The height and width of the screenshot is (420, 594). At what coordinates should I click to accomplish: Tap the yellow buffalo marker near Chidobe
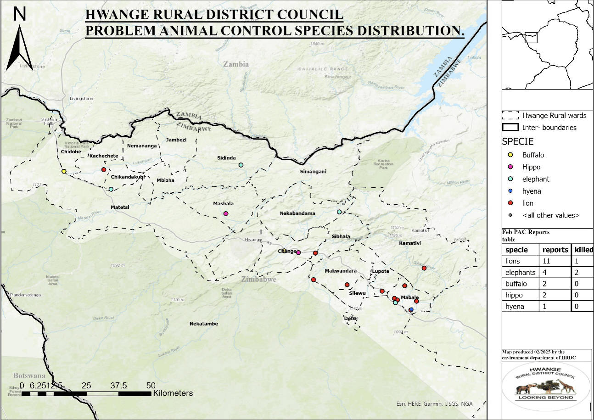(64, 171)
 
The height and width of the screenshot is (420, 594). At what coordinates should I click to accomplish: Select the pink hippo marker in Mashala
(225, 213)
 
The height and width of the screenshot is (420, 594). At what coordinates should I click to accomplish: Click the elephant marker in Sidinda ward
(241, 165)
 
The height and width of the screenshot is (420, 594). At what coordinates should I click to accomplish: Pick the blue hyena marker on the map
(411, 310)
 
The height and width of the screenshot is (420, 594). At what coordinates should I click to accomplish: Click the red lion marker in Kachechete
(104, 170)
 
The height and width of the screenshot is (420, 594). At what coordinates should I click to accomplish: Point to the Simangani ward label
(313, 172)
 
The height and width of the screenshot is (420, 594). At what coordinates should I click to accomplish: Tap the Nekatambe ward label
(203, 324)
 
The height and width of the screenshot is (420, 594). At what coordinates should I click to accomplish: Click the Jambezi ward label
(176, 140)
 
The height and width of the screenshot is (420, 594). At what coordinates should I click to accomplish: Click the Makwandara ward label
(341, 271)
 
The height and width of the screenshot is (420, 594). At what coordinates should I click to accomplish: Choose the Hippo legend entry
(531, 167)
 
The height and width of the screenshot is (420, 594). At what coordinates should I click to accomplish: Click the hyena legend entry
(532, 191)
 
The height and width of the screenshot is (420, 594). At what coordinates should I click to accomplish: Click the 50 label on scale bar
(151, 385)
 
